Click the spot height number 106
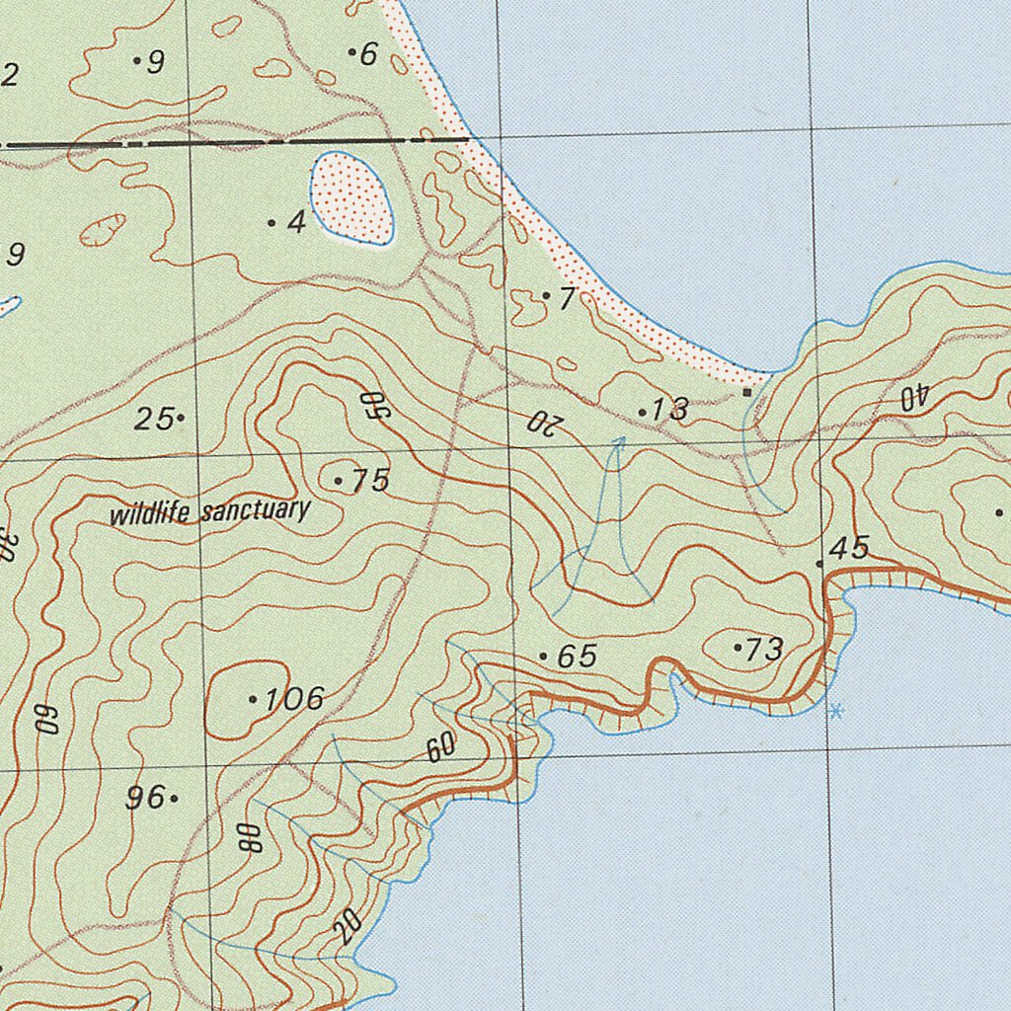click(294, 699)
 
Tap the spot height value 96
click(145, 798)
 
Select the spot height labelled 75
click(370, 481)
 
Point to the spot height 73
click(764, 649)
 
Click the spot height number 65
click(577, 657)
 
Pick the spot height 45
click(850, 549)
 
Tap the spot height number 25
click(154, 419)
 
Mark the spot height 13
click(670, 410)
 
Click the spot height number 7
click(566, 297)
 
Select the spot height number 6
click(368, 54)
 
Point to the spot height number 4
click(296, 223)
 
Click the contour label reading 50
click(372, 405)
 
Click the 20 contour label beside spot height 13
click(544, 423)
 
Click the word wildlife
click(151, 514)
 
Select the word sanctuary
click(256, 511)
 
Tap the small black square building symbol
click(747, 392)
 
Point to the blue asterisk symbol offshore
click(836, 710)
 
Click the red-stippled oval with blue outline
click(351, 198)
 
